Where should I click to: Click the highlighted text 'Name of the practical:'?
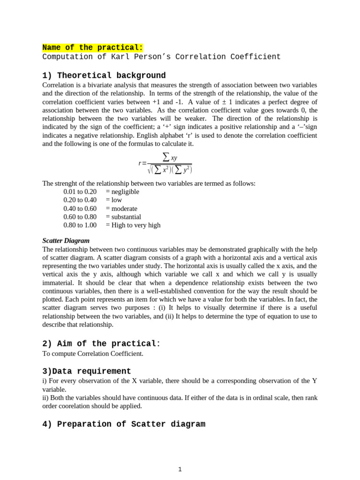92,47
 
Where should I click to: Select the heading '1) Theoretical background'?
104,75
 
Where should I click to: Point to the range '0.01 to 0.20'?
80,192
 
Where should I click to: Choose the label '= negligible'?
122,192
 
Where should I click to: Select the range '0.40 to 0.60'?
80,209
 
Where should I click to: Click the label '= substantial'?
123,217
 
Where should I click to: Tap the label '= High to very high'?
133,225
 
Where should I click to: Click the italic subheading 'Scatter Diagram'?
66,240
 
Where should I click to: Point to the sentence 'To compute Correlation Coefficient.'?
93,353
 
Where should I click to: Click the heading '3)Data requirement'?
87,371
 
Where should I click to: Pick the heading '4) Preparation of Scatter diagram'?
124,424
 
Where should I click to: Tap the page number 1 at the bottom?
180,469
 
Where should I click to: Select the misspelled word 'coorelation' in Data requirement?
75,406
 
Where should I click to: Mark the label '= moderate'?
121,209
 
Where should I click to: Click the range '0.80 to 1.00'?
80,225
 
